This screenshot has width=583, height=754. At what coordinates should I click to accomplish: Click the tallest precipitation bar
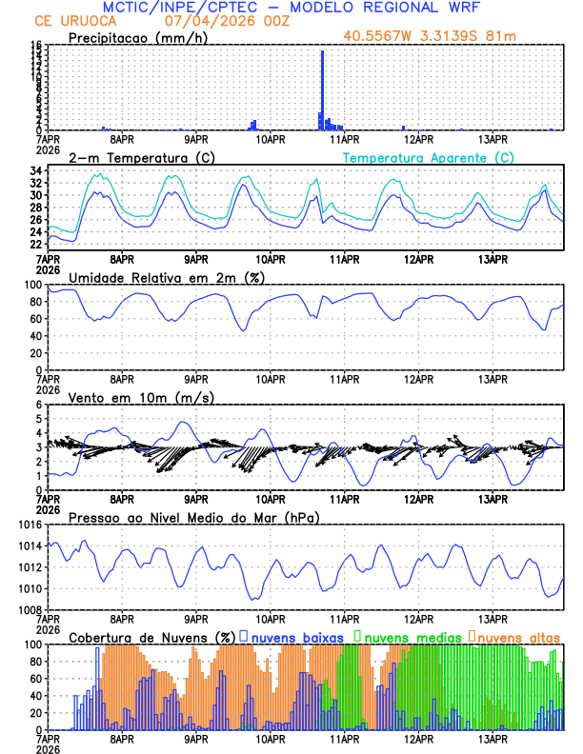[322, 90]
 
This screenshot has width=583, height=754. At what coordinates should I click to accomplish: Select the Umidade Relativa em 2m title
[165, 277]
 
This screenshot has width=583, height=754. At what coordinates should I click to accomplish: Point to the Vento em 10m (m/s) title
[141, 397]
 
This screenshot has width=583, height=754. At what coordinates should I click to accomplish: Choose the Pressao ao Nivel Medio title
[193, 517]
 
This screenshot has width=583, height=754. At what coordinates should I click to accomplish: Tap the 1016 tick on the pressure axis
[29, 525]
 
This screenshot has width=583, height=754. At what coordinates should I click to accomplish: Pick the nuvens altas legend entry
[514, 636]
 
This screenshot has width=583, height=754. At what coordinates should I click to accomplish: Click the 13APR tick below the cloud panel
[492, 739]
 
